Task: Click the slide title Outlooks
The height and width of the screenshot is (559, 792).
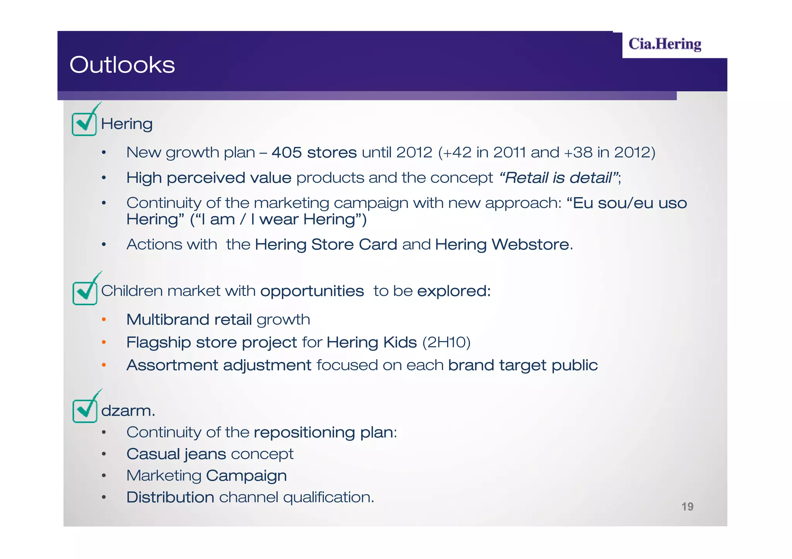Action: pos(122,65)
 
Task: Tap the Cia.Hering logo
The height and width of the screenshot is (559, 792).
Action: pos(664,44)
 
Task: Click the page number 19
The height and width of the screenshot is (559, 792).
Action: pos(687,506)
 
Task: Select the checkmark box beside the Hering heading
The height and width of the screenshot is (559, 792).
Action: pos(84,124)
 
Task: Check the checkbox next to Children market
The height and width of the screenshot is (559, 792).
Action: pos(85,293)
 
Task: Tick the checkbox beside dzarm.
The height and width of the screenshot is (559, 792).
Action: pos(85,411)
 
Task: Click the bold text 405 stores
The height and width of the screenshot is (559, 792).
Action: pos(314,153)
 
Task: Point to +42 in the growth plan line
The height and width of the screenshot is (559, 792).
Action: pos(458,153)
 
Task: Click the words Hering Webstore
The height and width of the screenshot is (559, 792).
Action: pos(502,245)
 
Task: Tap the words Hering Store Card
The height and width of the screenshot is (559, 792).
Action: pos(326,245)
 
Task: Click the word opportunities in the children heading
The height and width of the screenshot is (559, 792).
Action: pos(312,291)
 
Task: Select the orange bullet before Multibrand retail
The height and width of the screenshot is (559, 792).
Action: pos(104,319)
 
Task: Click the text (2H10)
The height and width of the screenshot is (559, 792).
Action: pos(446,342)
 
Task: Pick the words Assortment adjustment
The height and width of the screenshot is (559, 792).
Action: pos(218,365)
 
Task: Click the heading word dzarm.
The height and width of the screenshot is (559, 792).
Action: pos(128,411)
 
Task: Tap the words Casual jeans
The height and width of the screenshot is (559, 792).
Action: pos(176,454)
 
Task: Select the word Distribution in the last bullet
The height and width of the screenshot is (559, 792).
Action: pos(170,497)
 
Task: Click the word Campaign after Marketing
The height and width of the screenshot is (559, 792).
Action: pos(246,476)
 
